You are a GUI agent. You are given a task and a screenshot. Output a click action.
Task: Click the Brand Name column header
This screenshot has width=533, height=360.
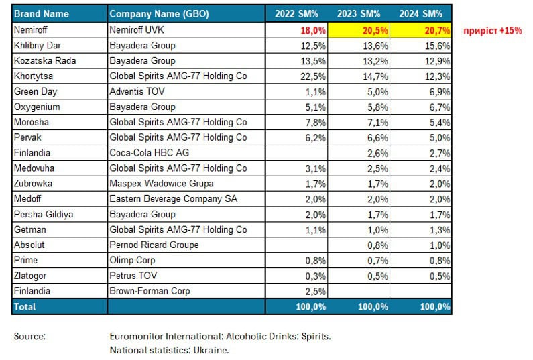tap(42, 14)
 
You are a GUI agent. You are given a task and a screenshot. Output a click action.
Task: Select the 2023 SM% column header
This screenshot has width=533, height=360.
tap(359, 14)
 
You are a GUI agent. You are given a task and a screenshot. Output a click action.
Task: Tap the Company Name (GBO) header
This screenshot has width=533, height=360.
tap(159, 14)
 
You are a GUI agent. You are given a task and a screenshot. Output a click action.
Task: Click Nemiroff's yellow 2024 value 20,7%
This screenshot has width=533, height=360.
tap(437, 31)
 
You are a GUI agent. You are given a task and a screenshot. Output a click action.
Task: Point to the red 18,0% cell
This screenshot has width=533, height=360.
tap(313, 31)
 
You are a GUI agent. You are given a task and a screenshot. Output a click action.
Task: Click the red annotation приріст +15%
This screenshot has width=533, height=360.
tap(493, 31)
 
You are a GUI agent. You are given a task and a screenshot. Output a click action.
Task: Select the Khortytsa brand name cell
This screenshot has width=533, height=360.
tap(34, 76)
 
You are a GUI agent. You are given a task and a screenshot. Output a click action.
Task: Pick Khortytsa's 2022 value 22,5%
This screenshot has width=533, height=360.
tap(313, 76)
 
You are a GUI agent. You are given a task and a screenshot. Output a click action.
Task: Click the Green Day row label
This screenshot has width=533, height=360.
tap(36, 91)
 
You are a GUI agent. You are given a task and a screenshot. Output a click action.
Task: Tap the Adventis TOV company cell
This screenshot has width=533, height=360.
tap(137, 91)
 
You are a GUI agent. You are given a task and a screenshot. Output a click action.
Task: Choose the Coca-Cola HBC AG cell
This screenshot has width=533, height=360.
tap(150, 153)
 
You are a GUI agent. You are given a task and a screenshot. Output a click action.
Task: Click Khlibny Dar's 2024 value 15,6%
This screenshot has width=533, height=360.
tap(437, 46)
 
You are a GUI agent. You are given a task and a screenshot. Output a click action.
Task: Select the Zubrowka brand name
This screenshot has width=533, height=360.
tap(33, 184)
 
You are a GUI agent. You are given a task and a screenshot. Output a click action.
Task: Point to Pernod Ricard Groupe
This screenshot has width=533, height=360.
tap(154, 245)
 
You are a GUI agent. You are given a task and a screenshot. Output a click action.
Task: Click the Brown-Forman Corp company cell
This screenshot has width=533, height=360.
tap(150, 291)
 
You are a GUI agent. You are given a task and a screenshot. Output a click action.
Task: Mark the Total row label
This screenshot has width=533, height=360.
tap(25, 306)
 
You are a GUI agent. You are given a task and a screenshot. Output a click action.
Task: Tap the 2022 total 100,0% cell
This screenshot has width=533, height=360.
tap(310, 307)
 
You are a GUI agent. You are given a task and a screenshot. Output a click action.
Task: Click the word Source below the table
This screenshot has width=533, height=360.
tap(29, 337)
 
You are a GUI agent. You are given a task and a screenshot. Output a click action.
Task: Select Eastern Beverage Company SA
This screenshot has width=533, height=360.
tap(174, 199)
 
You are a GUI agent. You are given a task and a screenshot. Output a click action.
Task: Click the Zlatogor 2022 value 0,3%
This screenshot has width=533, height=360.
tap(316, 276)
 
